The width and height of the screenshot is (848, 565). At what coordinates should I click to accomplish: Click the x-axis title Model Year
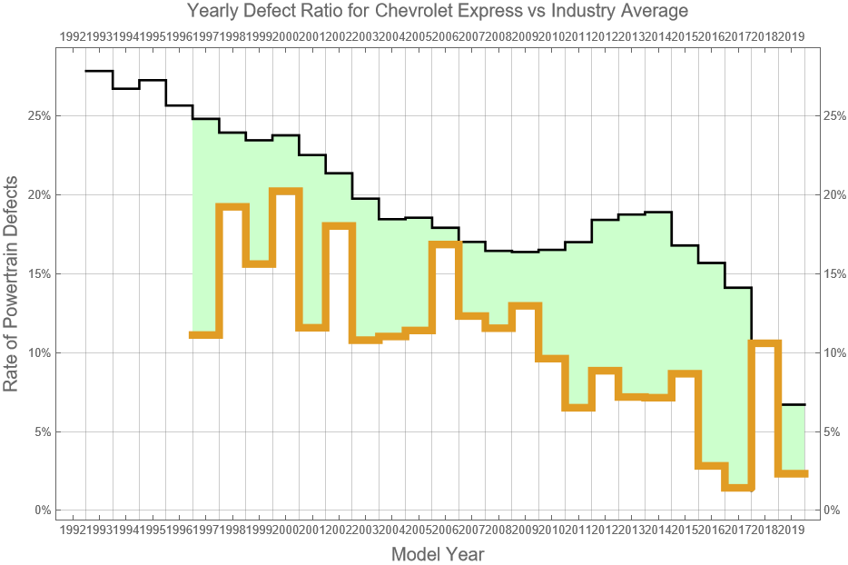tap(437, 553)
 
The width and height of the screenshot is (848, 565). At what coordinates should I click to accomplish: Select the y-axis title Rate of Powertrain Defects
tap(11, 283)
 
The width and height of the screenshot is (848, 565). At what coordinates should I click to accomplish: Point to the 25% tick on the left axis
tap(38, 116)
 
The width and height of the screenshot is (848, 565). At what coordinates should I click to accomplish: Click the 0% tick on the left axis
tap(42, 510)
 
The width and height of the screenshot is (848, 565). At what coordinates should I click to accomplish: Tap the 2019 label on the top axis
tap(794, 36)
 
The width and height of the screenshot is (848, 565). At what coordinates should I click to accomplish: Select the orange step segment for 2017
tap(737, 488)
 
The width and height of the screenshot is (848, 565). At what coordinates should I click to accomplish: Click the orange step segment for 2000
tap(285, 191)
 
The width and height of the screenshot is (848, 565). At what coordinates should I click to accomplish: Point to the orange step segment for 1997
tap(205, 335)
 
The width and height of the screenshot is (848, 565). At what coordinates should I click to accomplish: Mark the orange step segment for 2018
tap(764, 343)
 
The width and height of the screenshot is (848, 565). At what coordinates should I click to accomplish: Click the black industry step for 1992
tap(99, 71)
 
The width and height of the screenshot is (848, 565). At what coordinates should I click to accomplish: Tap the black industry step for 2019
tap(792, 404)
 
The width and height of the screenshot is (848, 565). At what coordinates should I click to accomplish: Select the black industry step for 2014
tap(657, 212)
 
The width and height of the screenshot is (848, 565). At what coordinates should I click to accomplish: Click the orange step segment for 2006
tap(445, 244)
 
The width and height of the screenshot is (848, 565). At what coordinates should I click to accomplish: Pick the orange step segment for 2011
tap(577, 408)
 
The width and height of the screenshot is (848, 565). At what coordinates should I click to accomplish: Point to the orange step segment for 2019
tap(792, 473)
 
